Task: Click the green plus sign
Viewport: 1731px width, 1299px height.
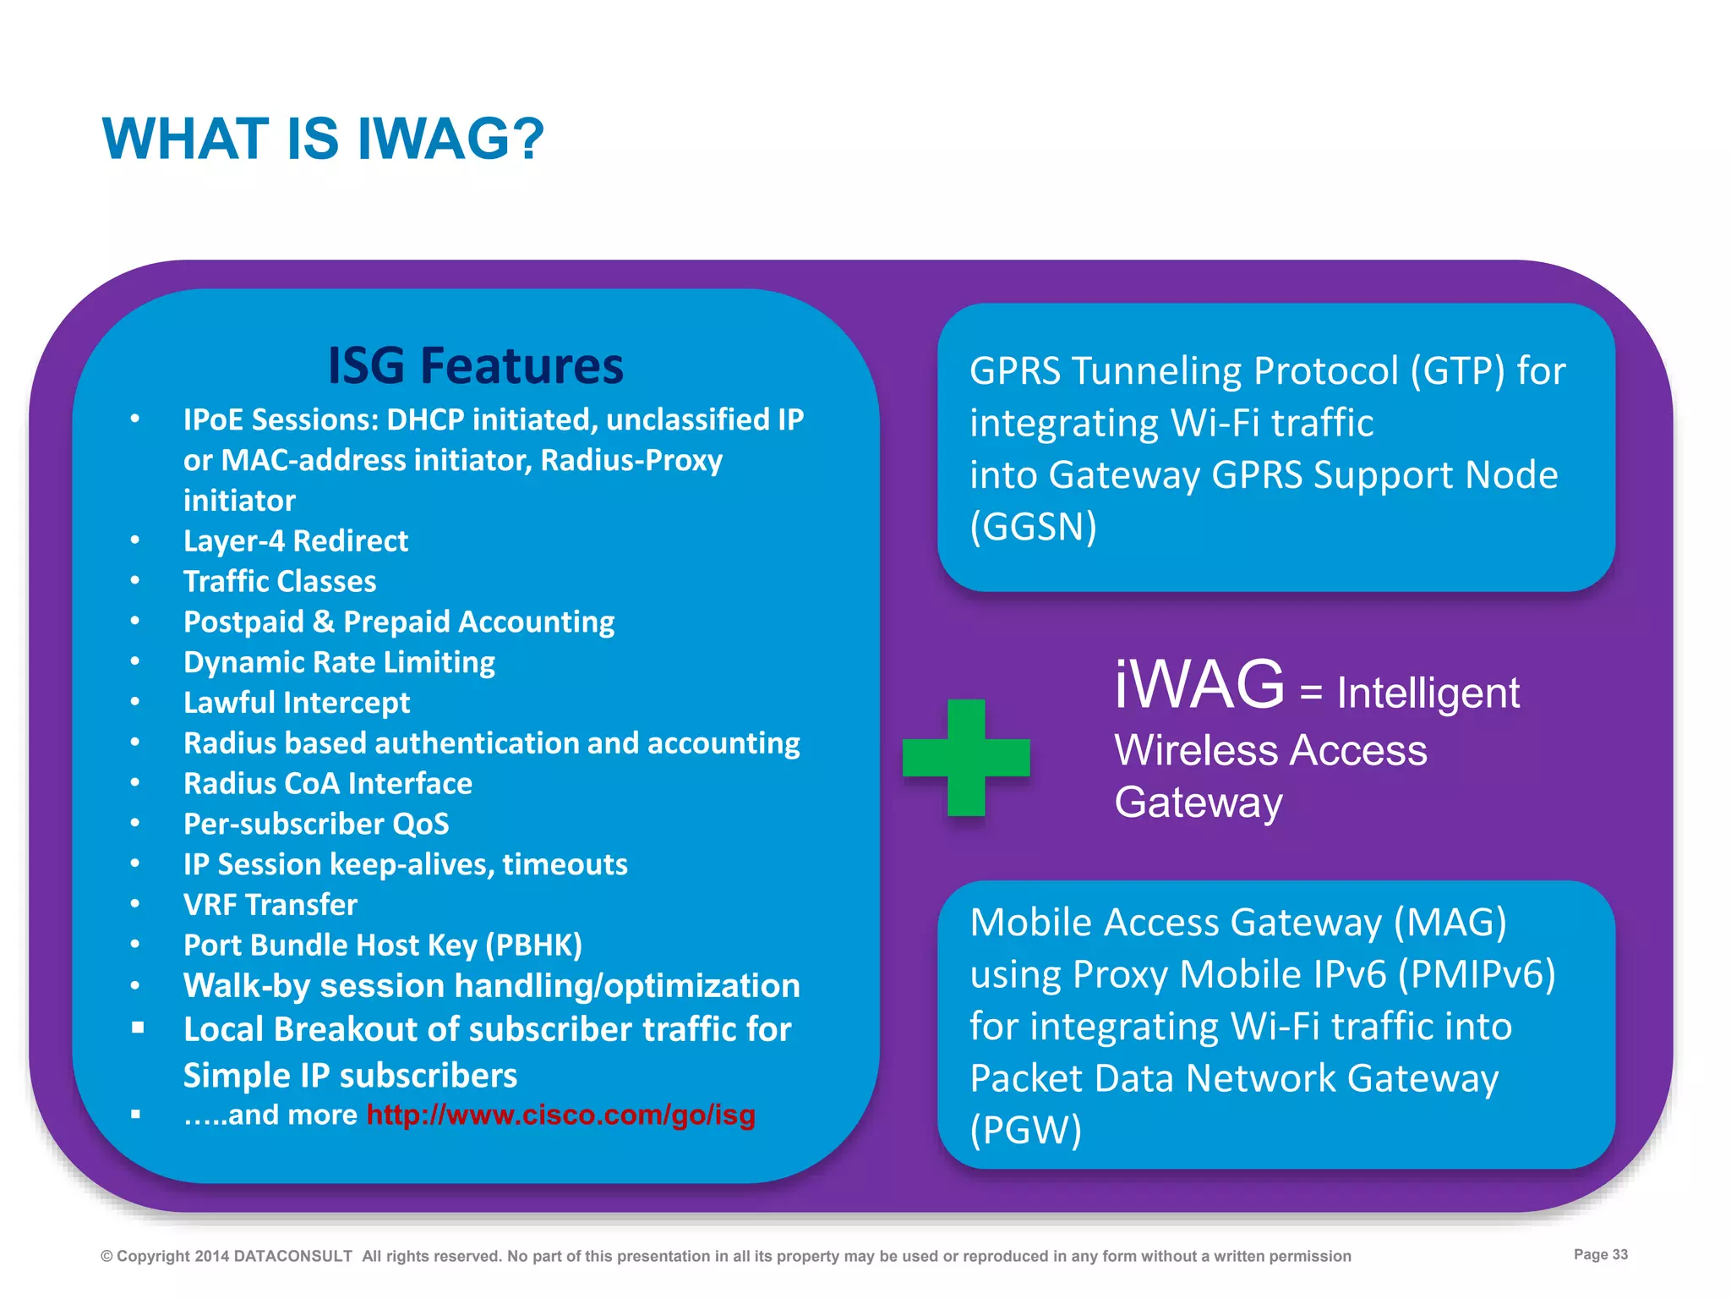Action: point(966,757)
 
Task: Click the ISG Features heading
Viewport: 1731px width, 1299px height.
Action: point(475,365)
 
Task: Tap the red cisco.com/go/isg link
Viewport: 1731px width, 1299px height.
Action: point(560,1115)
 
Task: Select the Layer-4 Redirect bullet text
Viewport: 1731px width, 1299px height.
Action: point(295,540)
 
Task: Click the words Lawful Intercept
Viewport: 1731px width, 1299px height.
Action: point(296,702)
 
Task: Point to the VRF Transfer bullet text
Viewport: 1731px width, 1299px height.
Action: point(270,904)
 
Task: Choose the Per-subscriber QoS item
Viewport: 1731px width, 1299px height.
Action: point(315,824)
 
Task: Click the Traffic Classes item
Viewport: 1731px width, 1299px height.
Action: point(279,581)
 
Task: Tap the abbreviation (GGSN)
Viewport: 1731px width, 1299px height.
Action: point(1033,527)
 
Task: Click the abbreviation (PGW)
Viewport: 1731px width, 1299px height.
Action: point(1025,1130)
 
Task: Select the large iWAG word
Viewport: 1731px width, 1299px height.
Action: point(1199,684)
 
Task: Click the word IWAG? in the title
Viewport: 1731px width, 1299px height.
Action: point(450,139)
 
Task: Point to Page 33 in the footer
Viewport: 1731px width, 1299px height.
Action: point(1600,1254)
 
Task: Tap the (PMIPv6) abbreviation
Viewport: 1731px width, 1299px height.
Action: point(1476,974)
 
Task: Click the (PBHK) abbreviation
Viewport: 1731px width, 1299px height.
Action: point(533,945)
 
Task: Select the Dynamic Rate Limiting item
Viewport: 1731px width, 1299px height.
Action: point(338,662)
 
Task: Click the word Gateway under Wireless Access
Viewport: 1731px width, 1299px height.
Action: point(1198,802)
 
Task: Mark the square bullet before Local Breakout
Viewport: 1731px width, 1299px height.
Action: point(138,1028)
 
